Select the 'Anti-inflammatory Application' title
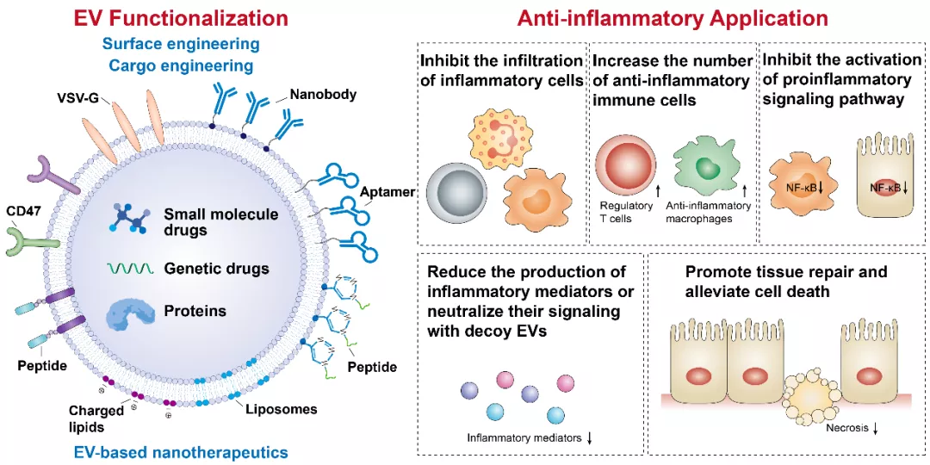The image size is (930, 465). click(x=673, y=17)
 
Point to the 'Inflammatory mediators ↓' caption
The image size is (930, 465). click(x=530, y=438)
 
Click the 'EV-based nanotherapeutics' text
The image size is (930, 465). click(x=180, y=451)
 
